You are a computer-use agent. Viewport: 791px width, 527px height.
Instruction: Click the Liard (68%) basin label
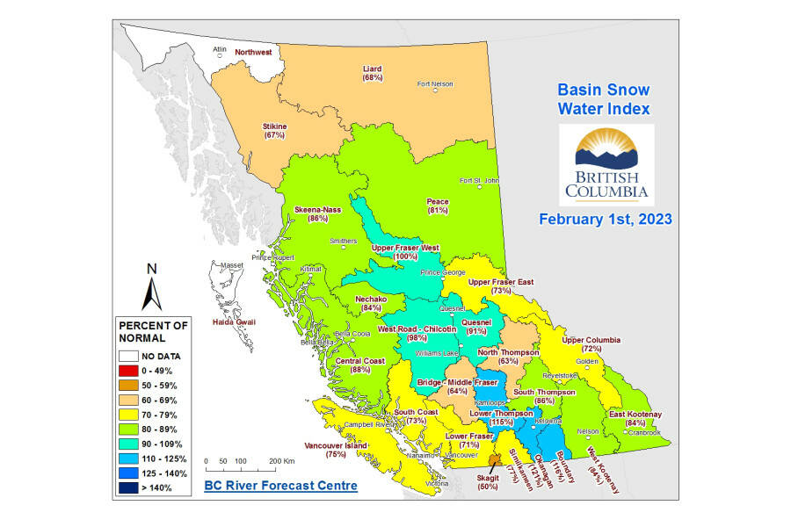point(373,73)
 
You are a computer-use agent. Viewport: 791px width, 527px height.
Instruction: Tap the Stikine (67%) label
point(275,131)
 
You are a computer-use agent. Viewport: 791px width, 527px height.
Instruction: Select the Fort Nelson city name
point(435,84)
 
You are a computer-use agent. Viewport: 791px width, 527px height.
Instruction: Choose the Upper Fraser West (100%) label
point(406,252)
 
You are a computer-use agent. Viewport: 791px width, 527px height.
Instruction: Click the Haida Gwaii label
point(234,322)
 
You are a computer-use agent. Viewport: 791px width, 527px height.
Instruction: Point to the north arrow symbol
point(153,285)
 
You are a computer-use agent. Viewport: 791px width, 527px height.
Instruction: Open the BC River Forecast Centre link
point(280,485)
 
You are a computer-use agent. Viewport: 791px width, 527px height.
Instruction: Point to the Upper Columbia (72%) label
point(591,343)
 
